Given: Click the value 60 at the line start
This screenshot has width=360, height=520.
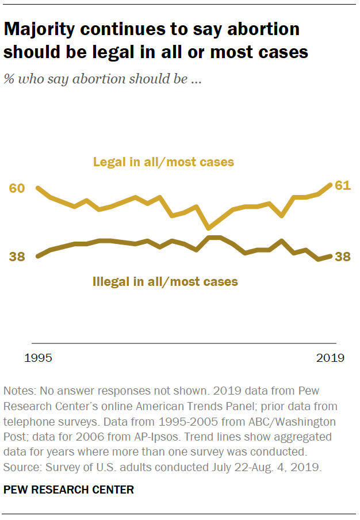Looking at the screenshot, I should tap(17, 189).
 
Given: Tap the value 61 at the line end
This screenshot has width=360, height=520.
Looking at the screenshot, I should tap(343, 186).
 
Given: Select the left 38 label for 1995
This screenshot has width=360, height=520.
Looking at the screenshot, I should tap(17, 257).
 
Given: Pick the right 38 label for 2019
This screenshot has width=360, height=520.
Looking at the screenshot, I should tap(343, 257).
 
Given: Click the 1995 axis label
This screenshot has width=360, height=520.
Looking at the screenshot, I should tap(39, 358).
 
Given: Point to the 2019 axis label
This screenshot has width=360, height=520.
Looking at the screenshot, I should tap(330, 358).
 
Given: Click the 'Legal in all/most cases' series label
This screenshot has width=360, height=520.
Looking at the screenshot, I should tap(164, 162).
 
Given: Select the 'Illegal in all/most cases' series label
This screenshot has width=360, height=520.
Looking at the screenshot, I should tap(165, 282).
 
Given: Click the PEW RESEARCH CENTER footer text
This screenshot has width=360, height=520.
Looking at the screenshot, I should tap(68, 490).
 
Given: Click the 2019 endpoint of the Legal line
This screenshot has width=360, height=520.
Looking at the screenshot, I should tap(331, 185).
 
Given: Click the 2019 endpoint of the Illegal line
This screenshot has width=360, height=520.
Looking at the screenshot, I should tap(331, 256).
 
